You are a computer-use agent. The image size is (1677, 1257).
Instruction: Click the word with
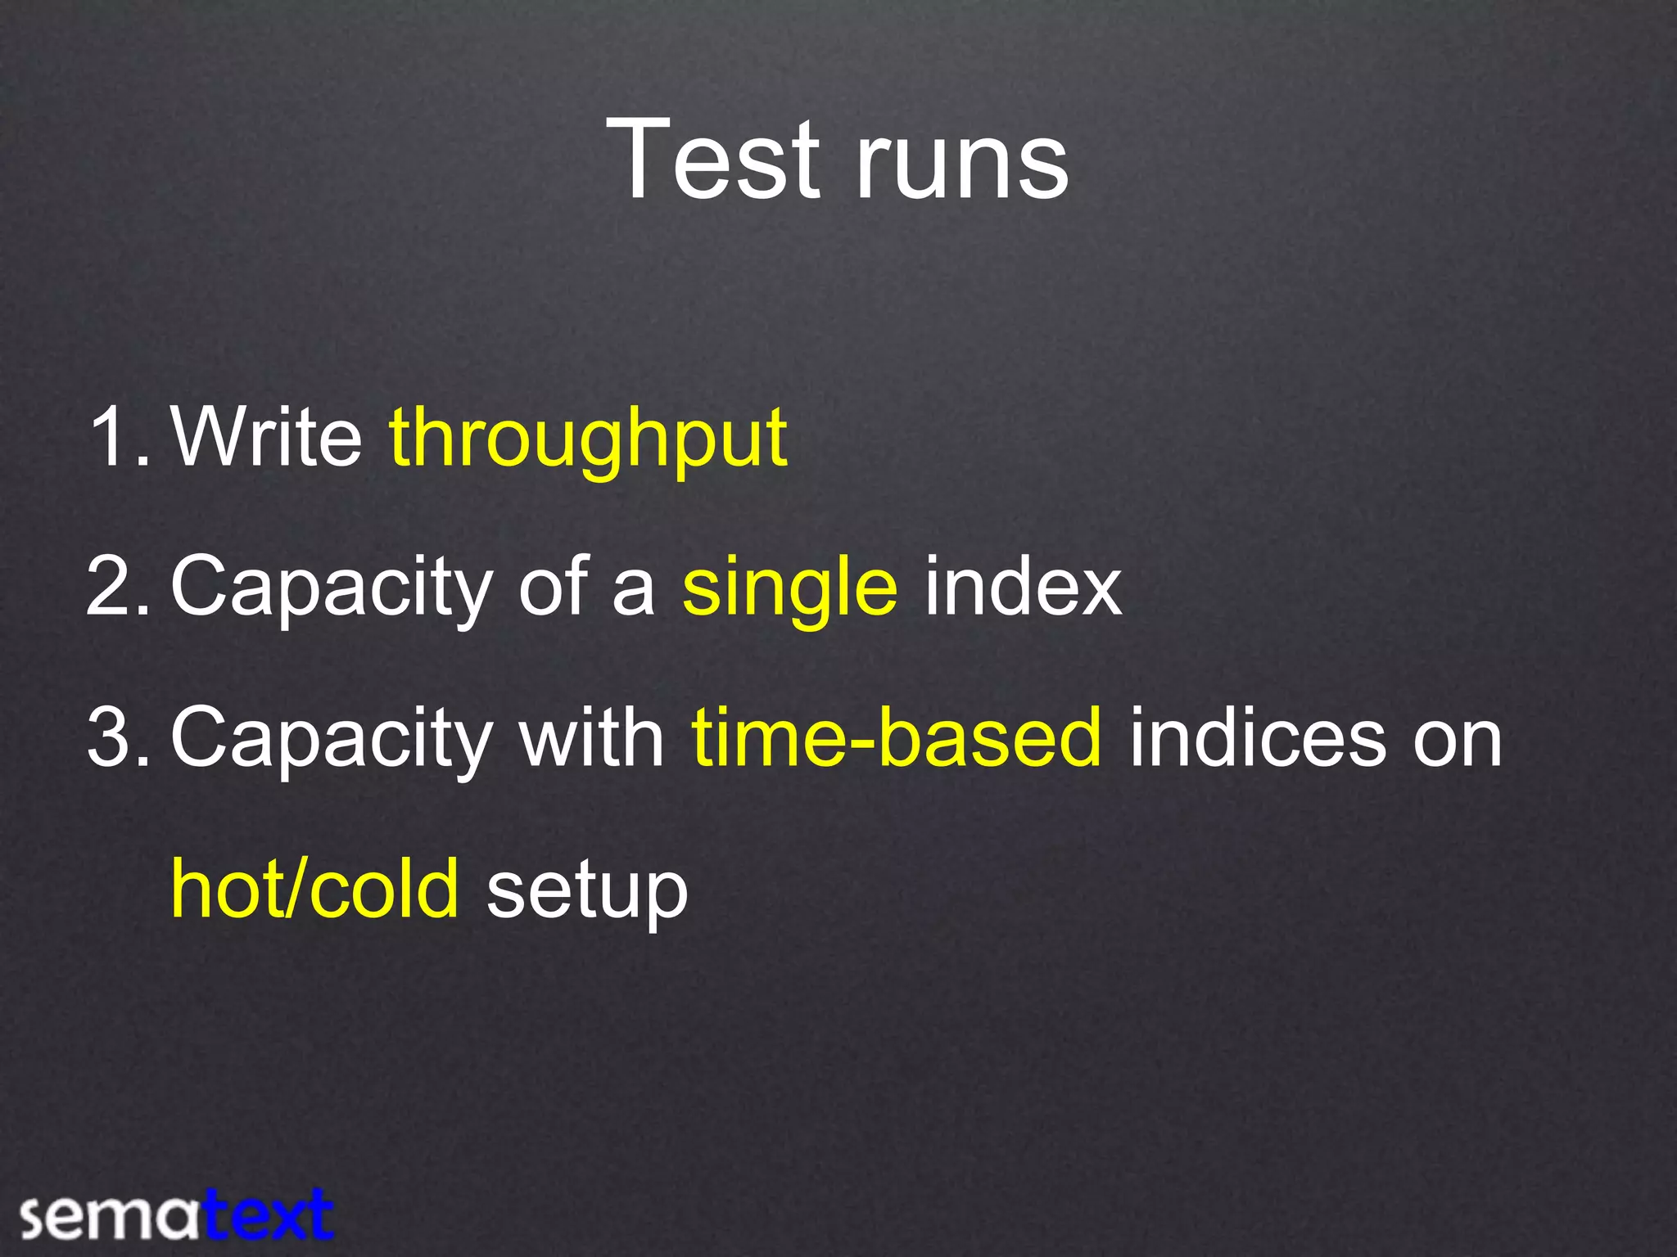pos(592,738)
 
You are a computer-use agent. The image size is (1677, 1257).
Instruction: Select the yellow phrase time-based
pos(897,738)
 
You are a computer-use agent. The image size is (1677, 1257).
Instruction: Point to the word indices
pos(1258,738)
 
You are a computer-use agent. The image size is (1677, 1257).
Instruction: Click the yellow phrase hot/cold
pos(314,890)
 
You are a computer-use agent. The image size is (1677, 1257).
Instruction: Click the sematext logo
pos(176,1215)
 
